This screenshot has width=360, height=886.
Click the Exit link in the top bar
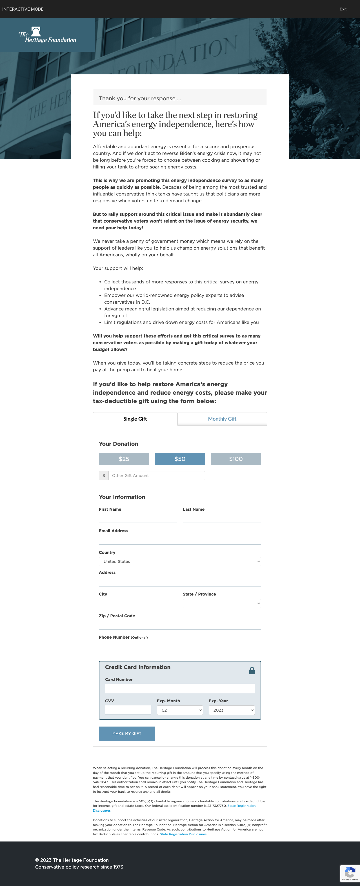343,9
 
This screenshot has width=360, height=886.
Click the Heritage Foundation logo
47,35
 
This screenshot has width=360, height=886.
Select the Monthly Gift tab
222,419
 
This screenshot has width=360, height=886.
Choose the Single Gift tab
135,419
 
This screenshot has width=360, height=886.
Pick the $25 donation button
124,459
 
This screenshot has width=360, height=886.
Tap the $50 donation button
180,459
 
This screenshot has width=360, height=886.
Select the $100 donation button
235,459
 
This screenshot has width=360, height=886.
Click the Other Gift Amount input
156,475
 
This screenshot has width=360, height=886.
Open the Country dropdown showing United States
180,561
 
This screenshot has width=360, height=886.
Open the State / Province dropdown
222,603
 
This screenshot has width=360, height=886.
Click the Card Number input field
180,688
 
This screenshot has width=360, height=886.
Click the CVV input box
128,710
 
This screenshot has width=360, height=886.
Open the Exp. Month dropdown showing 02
180,710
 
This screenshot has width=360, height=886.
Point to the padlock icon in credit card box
252,671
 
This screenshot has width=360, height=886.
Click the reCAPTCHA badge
350,873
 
